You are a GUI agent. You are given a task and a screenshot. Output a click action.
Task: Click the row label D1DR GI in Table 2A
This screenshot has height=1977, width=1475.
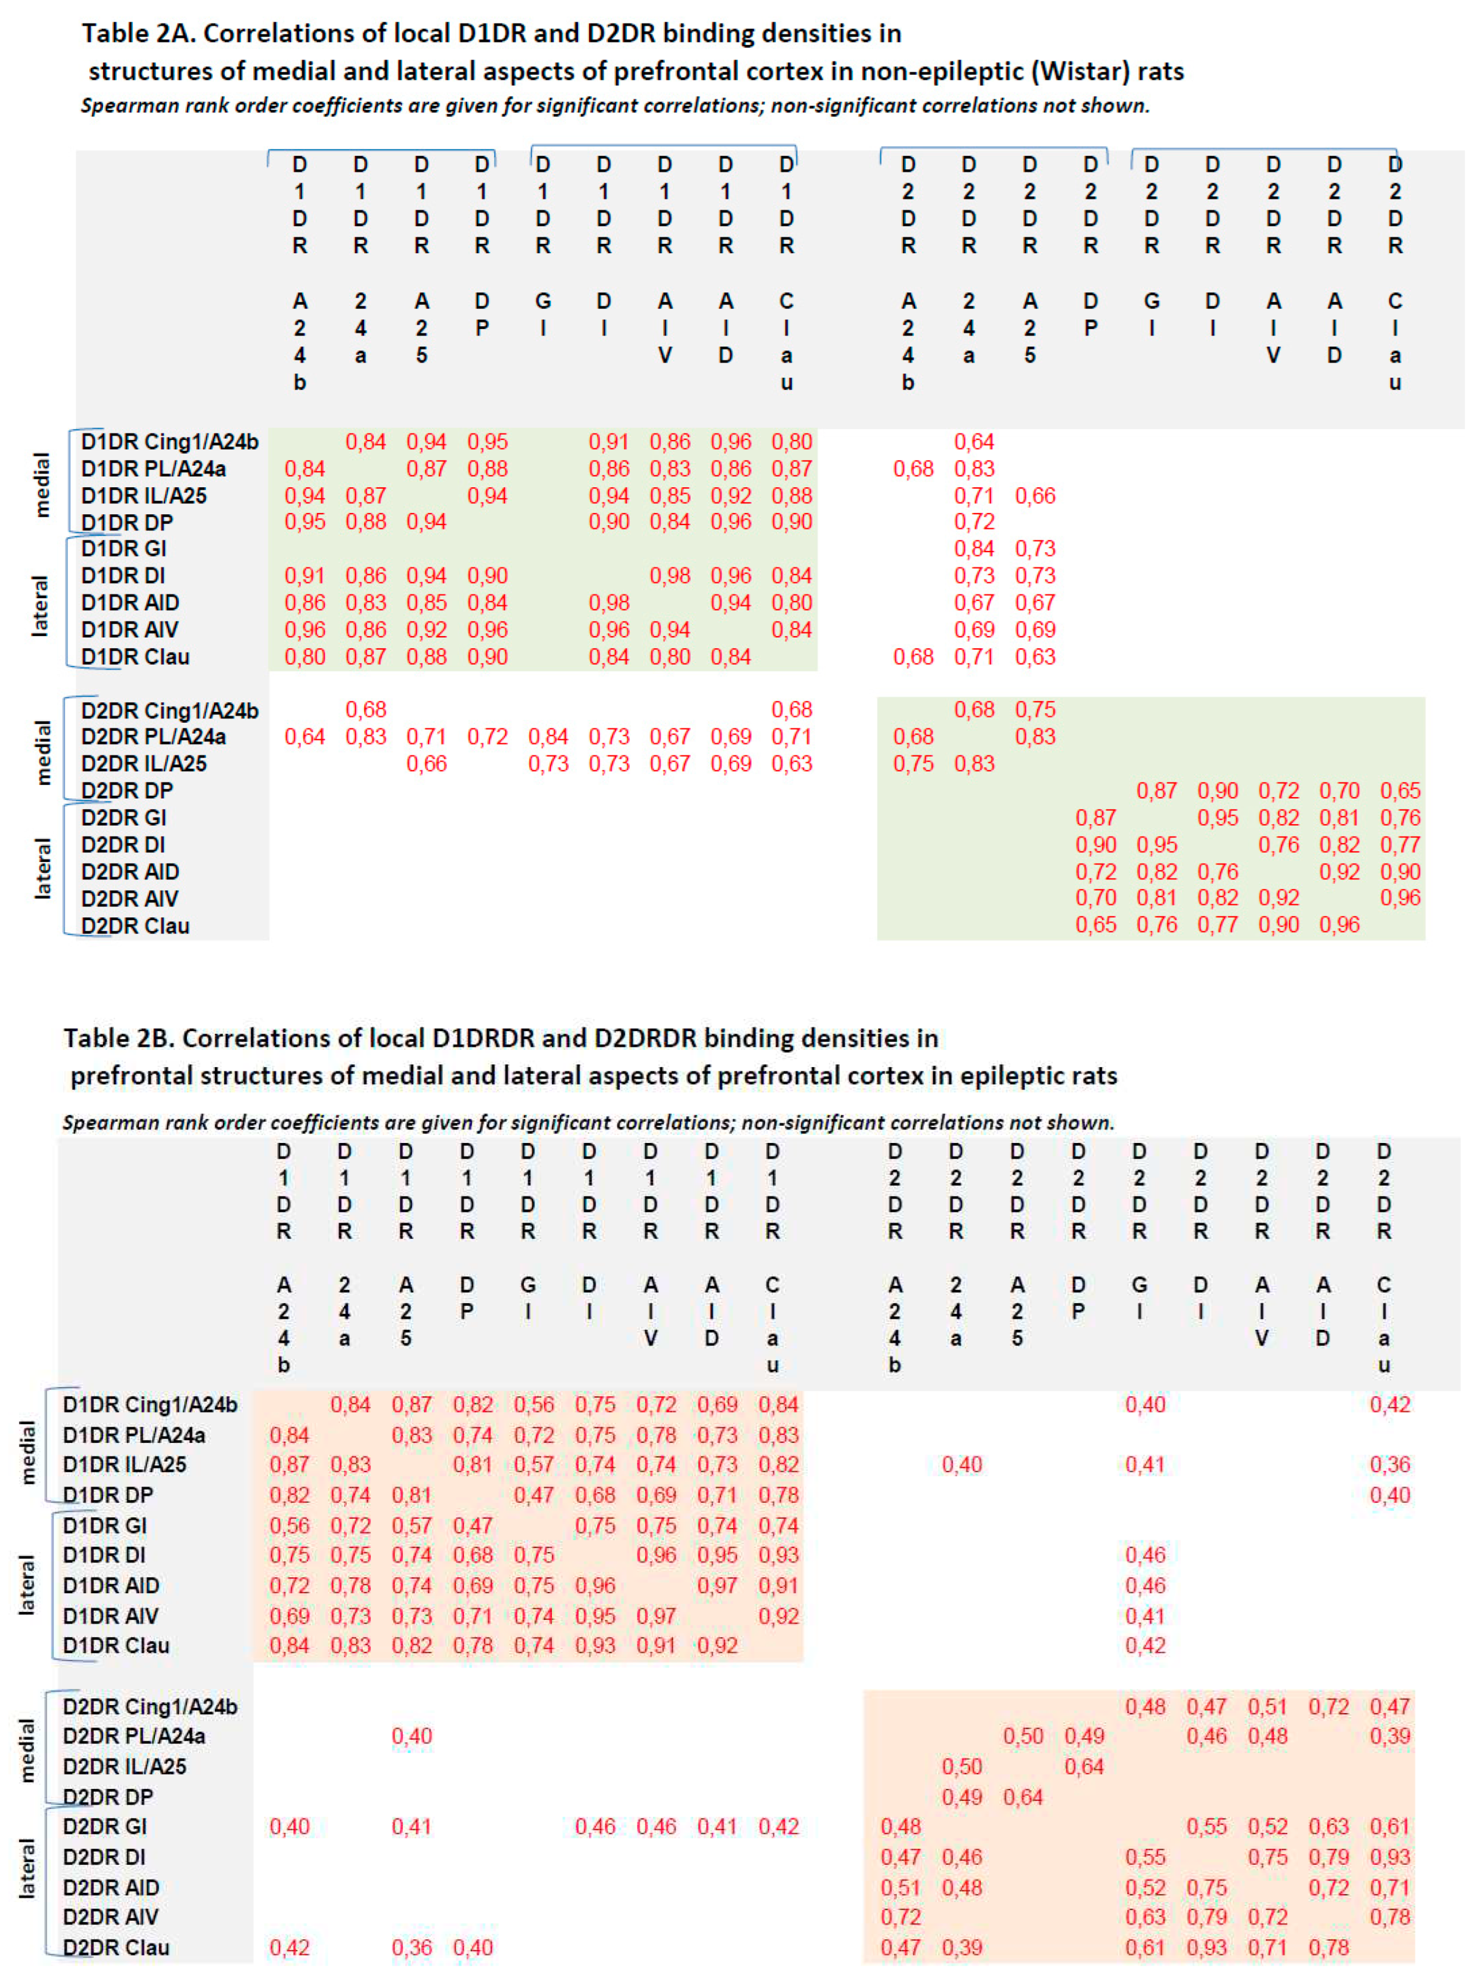click(x=123, y=549)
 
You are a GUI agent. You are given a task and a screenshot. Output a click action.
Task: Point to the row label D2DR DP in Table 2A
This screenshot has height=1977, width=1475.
click(x=127, y=791)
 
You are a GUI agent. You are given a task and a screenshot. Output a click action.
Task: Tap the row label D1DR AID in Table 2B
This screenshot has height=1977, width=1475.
click(x=111, y=1585)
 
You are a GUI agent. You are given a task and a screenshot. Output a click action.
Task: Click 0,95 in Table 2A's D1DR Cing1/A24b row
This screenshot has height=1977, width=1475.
click(x=487, y=442)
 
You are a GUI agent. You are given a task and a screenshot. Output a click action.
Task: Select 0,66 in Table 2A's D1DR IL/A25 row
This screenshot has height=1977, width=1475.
click(x=1035, y=496)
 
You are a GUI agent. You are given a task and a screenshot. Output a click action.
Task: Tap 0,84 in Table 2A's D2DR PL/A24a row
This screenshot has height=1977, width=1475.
click(x=548, y=737)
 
